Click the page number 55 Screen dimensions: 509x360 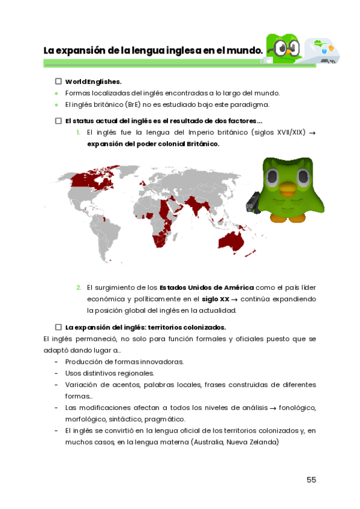click(x=311, y=480)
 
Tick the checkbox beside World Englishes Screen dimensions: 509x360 click(x=58, y=81)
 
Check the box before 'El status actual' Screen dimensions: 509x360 click(x=58, y=121)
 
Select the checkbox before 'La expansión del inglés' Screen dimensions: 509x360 click(x=58, y=327)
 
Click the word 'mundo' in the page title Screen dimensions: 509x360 click(x=248, y=50)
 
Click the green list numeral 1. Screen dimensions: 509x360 click(x=78, y=132)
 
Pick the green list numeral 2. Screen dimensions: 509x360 click(x=79, y=288)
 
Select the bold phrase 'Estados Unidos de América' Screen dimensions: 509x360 click(x=206, y=288)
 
